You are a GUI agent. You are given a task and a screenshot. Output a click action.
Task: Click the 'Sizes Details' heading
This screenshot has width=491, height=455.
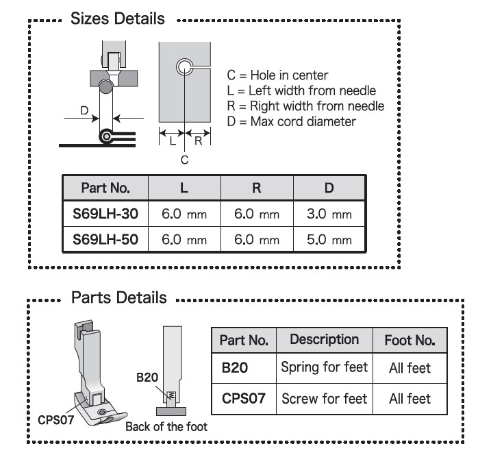118,19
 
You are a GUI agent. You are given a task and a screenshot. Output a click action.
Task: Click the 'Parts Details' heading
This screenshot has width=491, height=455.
118,297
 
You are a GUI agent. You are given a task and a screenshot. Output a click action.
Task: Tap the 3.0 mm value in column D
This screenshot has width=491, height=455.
329,214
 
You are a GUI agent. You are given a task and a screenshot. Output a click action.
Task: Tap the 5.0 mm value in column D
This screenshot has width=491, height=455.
329,239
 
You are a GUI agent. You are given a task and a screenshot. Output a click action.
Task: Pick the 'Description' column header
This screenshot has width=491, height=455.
324,339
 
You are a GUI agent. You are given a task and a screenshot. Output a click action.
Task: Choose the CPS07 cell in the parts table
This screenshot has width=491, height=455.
242,398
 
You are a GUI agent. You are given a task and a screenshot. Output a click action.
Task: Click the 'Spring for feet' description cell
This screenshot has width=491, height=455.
324,367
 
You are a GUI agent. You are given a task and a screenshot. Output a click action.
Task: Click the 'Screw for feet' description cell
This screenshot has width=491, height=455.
324,398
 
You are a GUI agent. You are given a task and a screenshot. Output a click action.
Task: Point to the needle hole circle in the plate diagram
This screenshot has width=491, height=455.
184,66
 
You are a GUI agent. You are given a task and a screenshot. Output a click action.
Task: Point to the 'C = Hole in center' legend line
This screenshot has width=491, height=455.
277,75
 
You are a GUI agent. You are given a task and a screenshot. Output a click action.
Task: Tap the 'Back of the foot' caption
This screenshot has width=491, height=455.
166,426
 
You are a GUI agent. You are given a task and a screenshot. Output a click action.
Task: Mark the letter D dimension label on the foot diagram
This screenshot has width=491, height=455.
84,110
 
